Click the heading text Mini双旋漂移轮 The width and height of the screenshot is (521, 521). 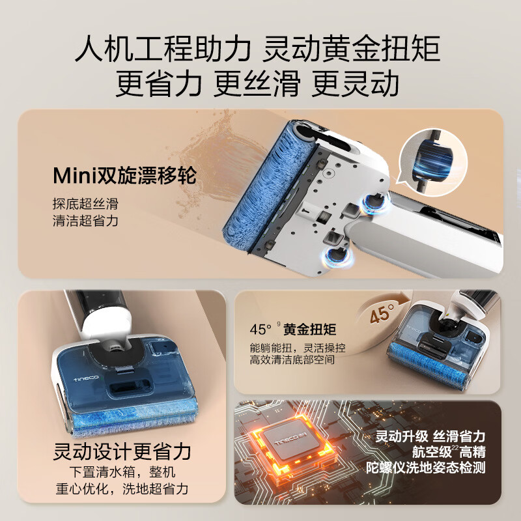pyautogui.click(x=124, y=176)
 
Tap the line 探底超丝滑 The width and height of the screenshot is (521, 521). pyautogui.click(x=85, y=203)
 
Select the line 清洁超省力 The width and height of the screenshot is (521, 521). pyautogui.click(x=85, y=221)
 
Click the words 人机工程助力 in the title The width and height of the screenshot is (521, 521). pyautogui.click(x=163, y=49)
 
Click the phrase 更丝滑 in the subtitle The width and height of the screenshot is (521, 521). pyautogui.click(x=258, y=83)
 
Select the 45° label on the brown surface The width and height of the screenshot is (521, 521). pyautogui.click(x=384, y=316)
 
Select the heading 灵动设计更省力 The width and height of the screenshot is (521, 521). pyautogui.click(x=122, y=451)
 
